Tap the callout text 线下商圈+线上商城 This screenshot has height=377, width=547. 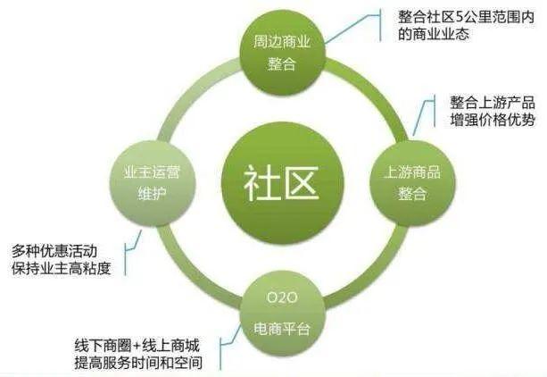point(135,342)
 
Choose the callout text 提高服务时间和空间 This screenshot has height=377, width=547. point(139,362)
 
